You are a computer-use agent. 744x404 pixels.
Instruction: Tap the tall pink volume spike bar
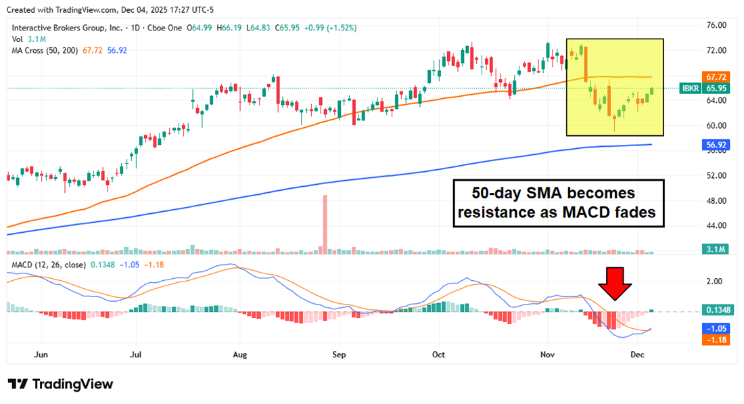pos(325,223)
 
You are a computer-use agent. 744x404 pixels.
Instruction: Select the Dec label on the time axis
pos(637,354)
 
